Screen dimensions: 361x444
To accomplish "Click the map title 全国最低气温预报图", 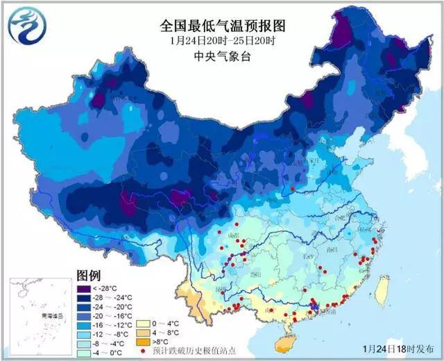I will point(223,26).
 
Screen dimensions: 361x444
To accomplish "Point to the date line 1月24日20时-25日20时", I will point(223,41).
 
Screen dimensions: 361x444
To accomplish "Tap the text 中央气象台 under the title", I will point(222,56).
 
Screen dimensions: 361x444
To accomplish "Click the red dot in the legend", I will point(142,351).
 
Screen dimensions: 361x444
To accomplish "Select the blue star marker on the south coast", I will point(314,305).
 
